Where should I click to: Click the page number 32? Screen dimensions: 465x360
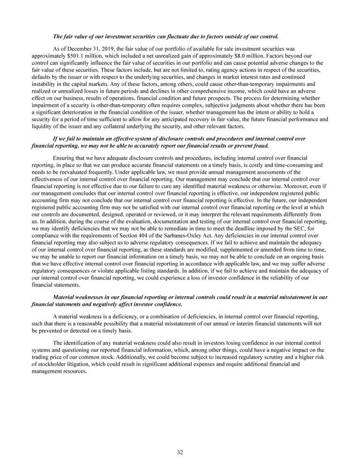[180, 452]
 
